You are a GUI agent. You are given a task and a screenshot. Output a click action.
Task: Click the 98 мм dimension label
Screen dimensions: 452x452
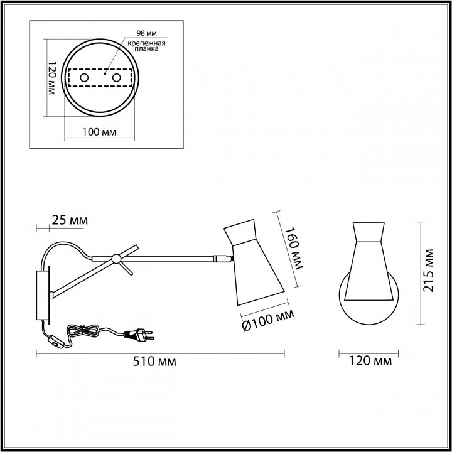coord(146,33)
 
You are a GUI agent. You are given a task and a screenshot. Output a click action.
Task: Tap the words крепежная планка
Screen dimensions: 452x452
coord(147,46)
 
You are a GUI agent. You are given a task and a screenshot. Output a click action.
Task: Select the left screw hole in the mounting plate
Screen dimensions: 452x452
coord(84,78)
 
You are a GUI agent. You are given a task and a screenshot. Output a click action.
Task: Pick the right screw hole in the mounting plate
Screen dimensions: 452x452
coord(117,78)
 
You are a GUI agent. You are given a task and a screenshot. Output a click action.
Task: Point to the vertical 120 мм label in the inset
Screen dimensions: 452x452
coord(51,78)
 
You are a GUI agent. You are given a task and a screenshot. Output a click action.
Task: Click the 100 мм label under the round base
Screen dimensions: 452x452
coord(99,132)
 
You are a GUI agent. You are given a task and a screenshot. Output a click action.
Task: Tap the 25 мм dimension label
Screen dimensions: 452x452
coord(70,220)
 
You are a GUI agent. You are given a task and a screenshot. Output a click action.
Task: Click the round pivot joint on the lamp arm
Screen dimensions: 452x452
coord(116,259)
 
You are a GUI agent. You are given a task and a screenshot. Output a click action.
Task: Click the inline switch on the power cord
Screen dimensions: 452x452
coord(56,342)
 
